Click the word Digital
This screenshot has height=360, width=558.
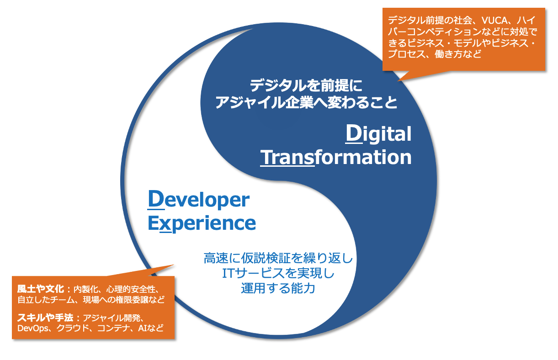coord(378,134)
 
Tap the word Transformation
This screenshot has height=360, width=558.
coord(336,157)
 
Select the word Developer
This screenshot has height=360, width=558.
coord(198,200)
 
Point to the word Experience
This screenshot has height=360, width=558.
coord(202,223)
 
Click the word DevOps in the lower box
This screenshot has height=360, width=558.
coord(32,328)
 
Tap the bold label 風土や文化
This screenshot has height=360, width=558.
coord(41,289)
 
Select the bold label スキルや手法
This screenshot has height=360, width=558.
coord(45,318)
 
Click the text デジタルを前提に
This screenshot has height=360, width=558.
coord(306,85)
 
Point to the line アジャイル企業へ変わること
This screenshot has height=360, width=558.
coord(306,102)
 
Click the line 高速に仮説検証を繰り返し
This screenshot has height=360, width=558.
coord(278,258)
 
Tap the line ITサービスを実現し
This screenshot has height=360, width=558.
coord(278,273)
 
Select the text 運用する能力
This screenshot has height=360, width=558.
coord(278,288)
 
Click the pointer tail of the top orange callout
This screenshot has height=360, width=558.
coord(398,81)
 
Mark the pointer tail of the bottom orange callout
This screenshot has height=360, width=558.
coord(174,265)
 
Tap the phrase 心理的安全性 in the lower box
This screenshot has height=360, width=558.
coord(132,290)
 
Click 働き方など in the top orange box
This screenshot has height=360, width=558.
coord(458,54)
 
